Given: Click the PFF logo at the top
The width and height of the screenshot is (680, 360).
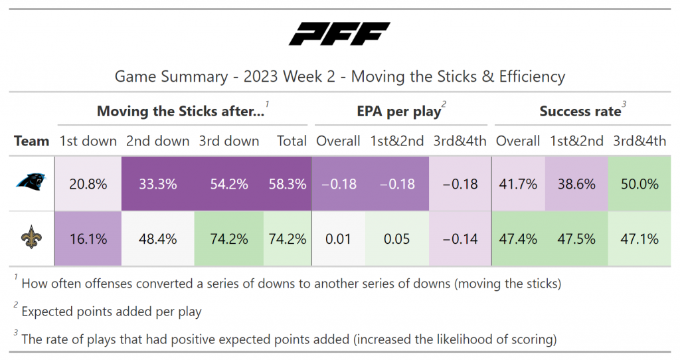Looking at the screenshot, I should [x=339, y=34].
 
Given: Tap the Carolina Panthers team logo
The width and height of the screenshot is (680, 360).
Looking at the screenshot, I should [x=31, y=184].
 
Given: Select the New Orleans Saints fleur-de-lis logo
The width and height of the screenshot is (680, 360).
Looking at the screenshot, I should [x=31, y=238].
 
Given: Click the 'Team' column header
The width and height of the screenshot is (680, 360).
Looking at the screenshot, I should [x=32, y=141].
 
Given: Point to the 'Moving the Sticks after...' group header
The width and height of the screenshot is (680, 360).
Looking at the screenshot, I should [x=181, y=112].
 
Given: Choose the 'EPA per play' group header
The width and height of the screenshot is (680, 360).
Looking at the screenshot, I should [x=399, y=112].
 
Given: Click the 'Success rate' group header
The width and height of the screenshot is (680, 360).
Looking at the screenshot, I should [x=580, y=112].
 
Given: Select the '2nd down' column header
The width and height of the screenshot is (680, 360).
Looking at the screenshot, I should [x=157, y=141].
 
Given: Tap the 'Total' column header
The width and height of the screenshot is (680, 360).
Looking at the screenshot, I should [x=292, y=141].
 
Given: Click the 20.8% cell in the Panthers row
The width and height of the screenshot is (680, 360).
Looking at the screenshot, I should [x=89, y=184].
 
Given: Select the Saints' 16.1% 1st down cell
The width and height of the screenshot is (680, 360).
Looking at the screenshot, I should [x=89, y=238].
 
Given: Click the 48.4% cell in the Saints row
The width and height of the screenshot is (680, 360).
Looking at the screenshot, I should [x=157, y=238].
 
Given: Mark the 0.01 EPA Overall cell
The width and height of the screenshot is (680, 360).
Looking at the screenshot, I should [x=339, y=238].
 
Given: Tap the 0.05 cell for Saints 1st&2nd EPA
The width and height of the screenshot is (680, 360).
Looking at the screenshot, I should [x=396, y=238].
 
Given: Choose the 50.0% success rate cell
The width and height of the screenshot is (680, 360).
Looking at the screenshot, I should [x=639, y=184].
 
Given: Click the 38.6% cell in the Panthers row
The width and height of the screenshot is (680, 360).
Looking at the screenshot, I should [x=576, y=184].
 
